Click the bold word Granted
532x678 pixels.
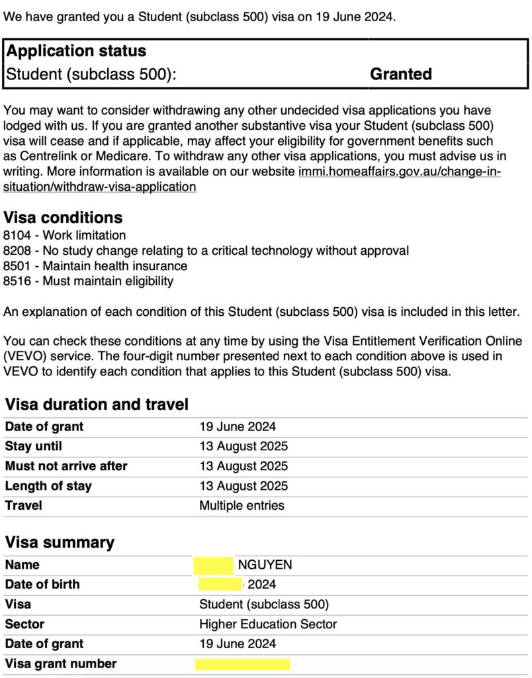(400, 73)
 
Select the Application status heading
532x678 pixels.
(76, 51)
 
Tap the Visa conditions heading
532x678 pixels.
(63, 217)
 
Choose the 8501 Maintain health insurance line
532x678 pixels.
(95, 266)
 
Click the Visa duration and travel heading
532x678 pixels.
(97, 404)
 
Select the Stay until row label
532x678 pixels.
(34, 446)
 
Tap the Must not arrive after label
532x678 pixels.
(66, 465)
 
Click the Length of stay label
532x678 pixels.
(48, 485)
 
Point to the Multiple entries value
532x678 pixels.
(242, 505)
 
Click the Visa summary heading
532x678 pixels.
(60, 542)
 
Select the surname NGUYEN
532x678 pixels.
(265, 565)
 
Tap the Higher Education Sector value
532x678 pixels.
(267, 624)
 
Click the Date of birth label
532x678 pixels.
(42, 584)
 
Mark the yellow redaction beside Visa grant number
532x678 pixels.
(242, 664)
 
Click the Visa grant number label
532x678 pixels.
(60, 663)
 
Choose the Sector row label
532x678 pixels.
(24, 624)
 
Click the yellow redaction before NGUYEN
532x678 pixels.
(213, 565)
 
